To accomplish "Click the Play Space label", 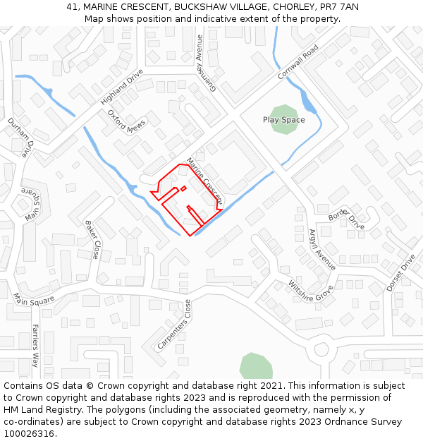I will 283,120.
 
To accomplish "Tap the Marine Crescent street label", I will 204,181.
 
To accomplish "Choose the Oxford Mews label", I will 127,121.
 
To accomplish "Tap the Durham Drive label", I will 20,137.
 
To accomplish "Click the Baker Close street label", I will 92,239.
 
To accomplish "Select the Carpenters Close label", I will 174,325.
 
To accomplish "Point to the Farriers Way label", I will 35,346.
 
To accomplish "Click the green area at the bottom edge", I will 255,366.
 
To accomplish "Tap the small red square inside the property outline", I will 184,188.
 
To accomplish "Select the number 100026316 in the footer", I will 29,434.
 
